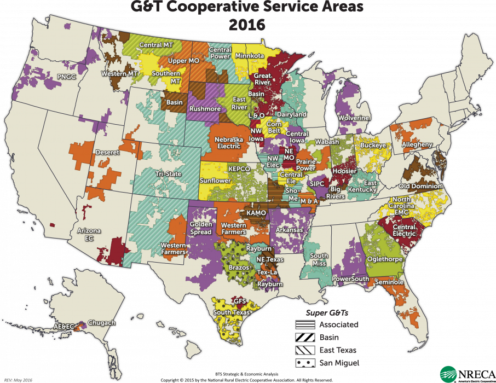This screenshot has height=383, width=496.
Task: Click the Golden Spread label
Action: [x=201, y=228]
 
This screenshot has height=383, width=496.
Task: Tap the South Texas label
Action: [x=232, y=312]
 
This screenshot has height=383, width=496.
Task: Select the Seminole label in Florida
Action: [x=389, y=282]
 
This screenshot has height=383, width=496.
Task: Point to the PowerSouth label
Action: [x=348, y=278]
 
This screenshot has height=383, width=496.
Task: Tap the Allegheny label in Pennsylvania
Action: [x=417, y=144]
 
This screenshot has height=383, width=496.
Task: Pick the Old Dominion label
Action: [x=420, y=186]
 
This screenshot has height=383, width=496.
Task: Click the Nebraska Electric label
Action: [x=228, y=143]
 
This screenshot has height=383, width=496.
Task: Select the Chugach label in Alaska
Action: [x=101, y=323]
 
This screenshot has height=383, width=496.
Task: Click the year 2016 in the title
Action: [x=247, y=25]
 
